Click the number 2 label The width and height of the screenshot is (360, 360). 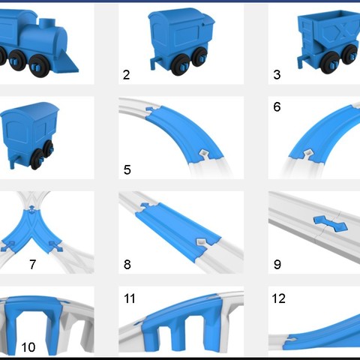point(127,75)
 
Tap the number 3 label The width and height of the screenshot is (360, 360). point(277,75)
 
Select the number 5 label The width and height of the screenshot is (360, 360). point(127,169)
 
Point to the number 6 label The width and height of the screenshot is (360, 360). point(277,107)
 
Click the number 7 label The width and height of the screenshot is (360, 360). point(32,264)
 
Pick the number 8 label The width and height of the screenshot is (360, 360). point(127,264)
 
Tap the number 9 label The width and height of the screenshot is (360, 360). point(277,264)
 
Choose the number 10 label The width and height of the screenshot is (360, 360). point(28,347)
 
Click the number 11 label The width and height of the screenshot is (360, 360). point(130,298)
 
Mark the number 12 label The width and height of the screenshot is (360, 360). point(278,298)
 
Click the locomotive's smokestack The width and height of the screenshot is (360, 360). point(47,23)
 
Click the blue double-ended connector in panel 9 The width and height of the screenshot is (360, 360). point(330,223)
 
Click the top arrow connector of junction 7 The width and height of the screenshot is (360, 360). point(31,209)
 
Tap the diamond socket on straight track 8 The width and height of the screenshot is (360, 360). point(200,241)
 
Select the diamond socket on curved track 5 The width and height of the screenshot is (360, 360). point(204,153)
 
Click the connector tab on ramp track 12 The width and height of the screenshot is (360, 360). point(290,340)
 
